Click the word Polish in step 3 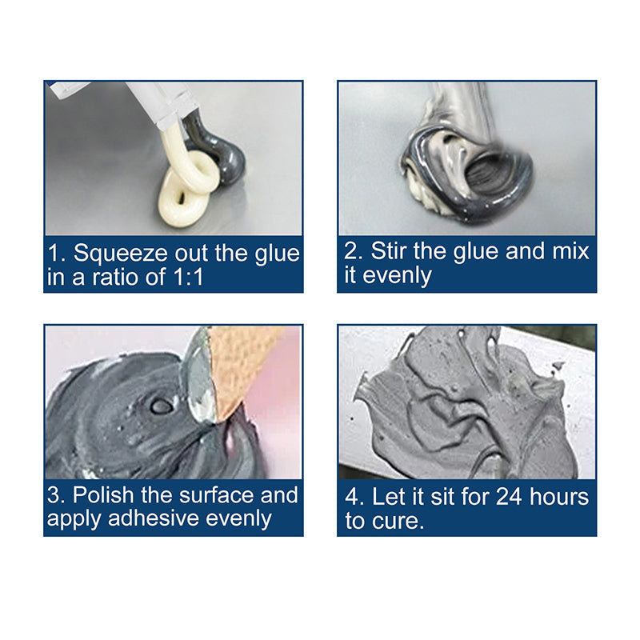[x=110, y=495]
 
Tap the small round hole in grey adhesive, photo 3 [x=161, y=406]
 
